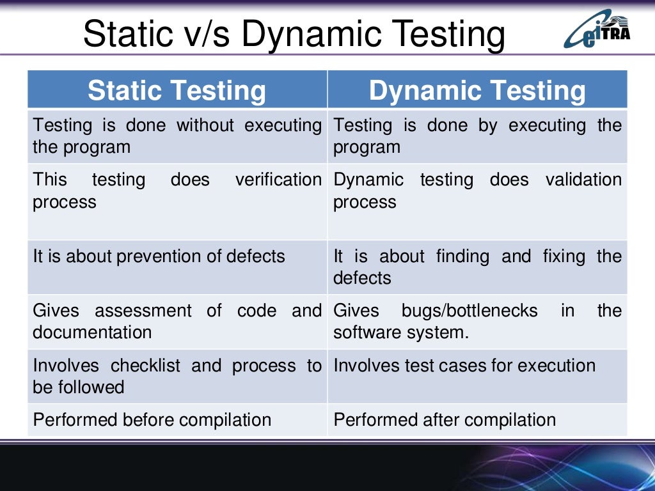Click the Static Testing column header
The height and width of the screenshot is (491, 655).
177,90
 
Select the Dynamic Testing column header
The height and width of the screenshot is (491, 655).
477,90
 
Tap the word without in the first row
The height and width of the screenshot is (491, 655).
207,125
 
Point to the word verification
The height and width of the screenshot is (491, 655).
278,180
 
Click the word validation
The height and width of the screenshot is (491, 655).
583,180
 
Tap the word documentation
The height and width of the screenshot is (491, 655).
92,332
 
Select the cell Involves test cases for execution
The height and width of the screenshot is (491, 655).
464,366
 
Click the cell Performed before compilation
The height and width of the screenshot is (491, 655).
152,420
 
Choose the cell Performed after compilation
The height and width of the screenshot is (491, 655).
445,420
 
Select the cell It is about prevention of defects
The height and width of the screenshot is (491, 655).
159,256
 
